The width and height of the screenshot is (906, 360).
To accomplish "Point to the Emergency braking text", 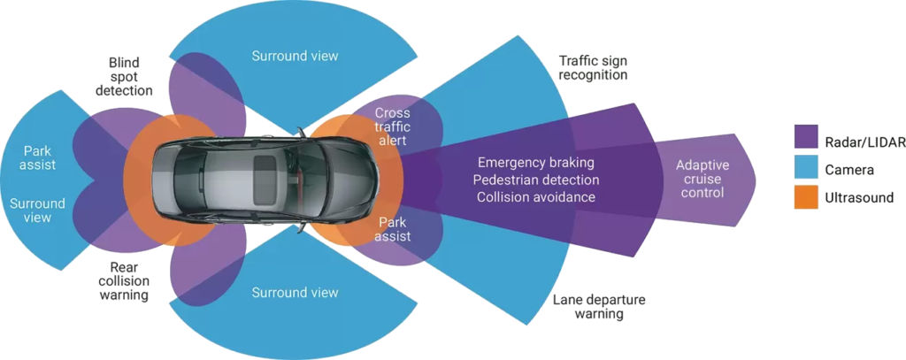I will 535,163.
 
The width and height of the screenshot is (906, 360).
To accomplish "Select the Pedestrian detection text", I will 536,180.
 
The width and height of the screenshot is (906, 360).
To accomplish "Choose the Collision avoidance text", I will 536,196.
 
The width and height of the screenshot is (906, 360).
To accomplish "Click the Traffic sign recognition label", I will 593,68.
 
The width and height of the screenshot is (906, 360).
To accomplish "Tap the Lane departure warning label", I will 598,306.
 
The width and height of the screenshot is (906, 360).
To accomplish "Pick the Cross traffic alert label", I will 393,126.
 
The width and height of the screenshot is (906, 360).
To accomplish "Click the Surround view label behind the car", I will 37,211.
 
